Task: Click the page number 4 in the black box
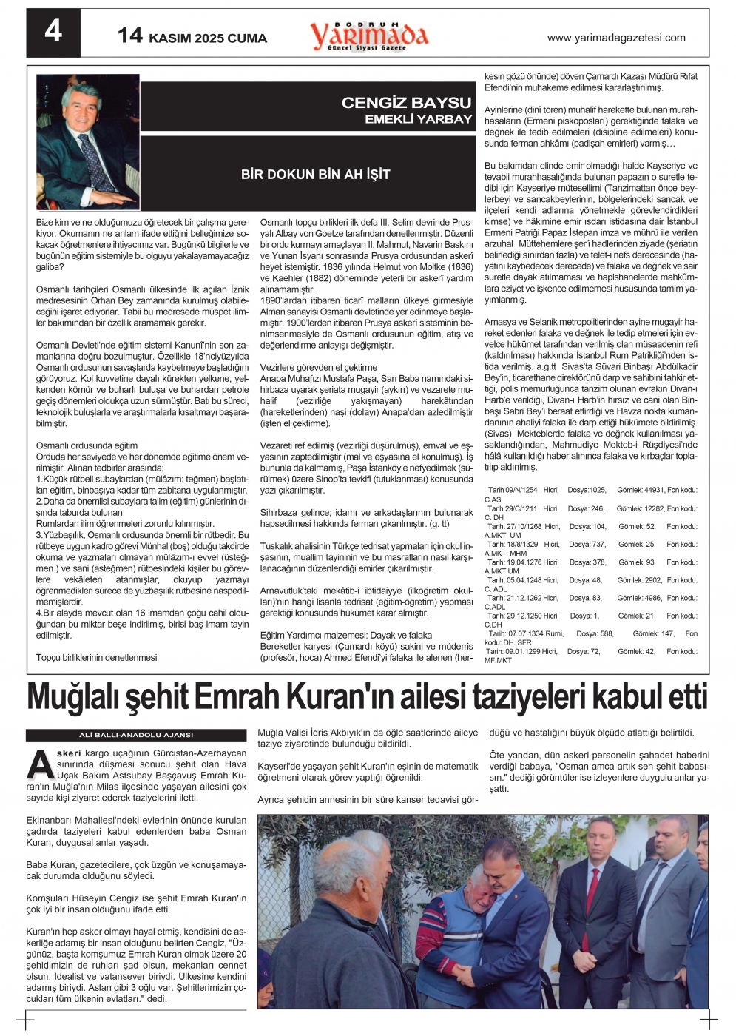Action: tap(53, 32)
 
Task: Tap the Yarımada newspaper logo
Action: tap(368, 36)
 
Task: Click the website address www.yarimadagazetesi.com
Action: tap(615, 38)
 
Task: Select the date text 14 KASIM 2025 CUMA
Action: tap(192, 36)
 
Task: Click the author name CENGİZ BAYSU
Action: tap(406, 103)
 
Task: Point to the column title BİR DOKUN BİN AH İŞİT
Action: tap(316, 175)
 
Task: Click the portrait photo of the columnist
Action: tap(87, 142)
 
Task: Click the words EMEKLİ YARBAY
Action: tap(418, 119)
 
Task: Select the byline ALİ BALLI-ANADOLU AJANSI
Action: tap(136, 735)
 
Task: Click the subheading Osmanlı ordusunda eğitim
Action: tap(87, 446)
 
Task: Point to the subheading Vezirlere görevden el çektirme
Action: tap(319, 368)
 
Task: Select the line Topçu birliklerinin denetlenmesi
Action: tap(97, 657)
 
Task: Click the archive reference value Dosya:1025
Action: tap(587, 491)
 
